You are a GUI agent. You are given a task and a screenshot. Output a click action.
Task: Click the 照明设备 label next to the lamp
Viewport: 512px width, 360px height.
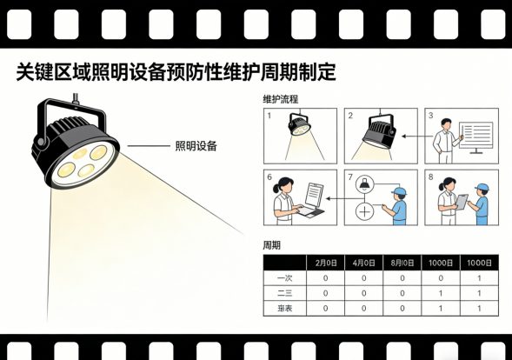196,145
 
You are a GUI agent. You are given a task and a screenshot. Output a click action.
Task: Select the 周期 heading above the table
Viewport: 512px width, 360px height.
271,245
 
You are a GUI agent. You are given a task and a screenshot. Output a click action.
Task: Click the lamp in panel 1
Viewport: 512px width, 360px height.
301,129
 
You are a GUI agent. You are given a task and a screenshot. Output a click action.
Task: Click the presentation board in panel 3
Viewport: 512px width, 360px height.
475,136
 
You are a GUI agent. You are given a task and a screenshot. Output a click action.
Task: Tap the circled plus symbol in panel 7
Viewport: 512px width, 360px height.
364,211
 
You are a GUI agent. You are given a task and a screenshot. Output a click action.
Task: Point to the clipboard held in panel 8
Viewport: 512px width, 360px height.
462,201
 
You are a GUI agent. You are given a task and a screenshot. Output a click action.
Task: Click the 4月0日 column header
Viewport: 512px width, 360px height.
363,263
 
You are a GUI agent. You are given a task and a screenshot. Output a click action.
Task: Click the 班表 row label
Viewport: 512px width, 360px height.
283,308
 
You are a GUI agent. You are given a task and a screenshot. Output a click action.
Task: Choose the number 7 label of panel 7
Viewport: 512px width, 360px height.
350,177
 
